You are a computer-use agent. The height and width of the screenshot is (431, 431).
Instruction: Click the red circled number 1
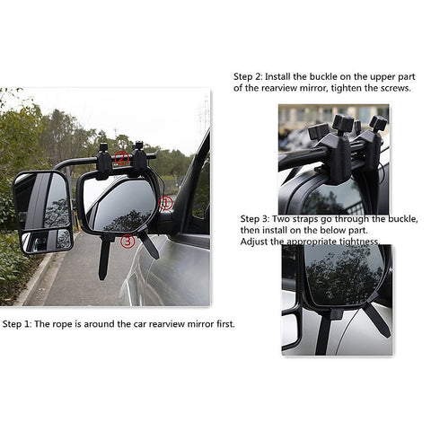[166, 203]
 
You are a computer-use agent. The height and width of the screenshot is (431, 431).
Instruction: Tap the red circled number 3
[128, 240]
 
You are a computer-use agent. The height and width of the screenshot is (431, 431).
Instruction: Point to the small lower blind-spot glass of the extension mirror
[46, 240]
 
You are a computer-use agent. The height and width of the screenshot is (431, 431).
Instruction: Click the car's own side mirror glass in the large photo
[121, 205]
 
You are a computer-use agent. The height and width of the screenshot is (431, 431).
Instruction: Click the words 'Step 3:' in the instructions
[257, 218]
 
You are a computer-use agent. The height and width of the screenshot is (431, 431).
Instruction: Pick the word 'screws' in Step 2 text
[392, 88]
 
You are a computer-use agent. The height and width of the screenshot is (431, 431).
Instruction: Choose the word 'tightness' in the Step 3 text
[356, 242]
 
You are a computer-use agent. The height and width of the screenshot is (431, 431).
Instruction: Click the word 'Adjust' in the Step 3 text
[256, 242]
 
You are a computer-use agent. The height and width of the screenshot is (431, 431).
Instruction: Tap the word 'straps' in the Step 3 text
[308, 218]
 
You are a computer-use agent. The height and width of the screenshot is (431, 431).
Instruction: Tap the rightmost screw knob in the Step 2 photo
[378, 125]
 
